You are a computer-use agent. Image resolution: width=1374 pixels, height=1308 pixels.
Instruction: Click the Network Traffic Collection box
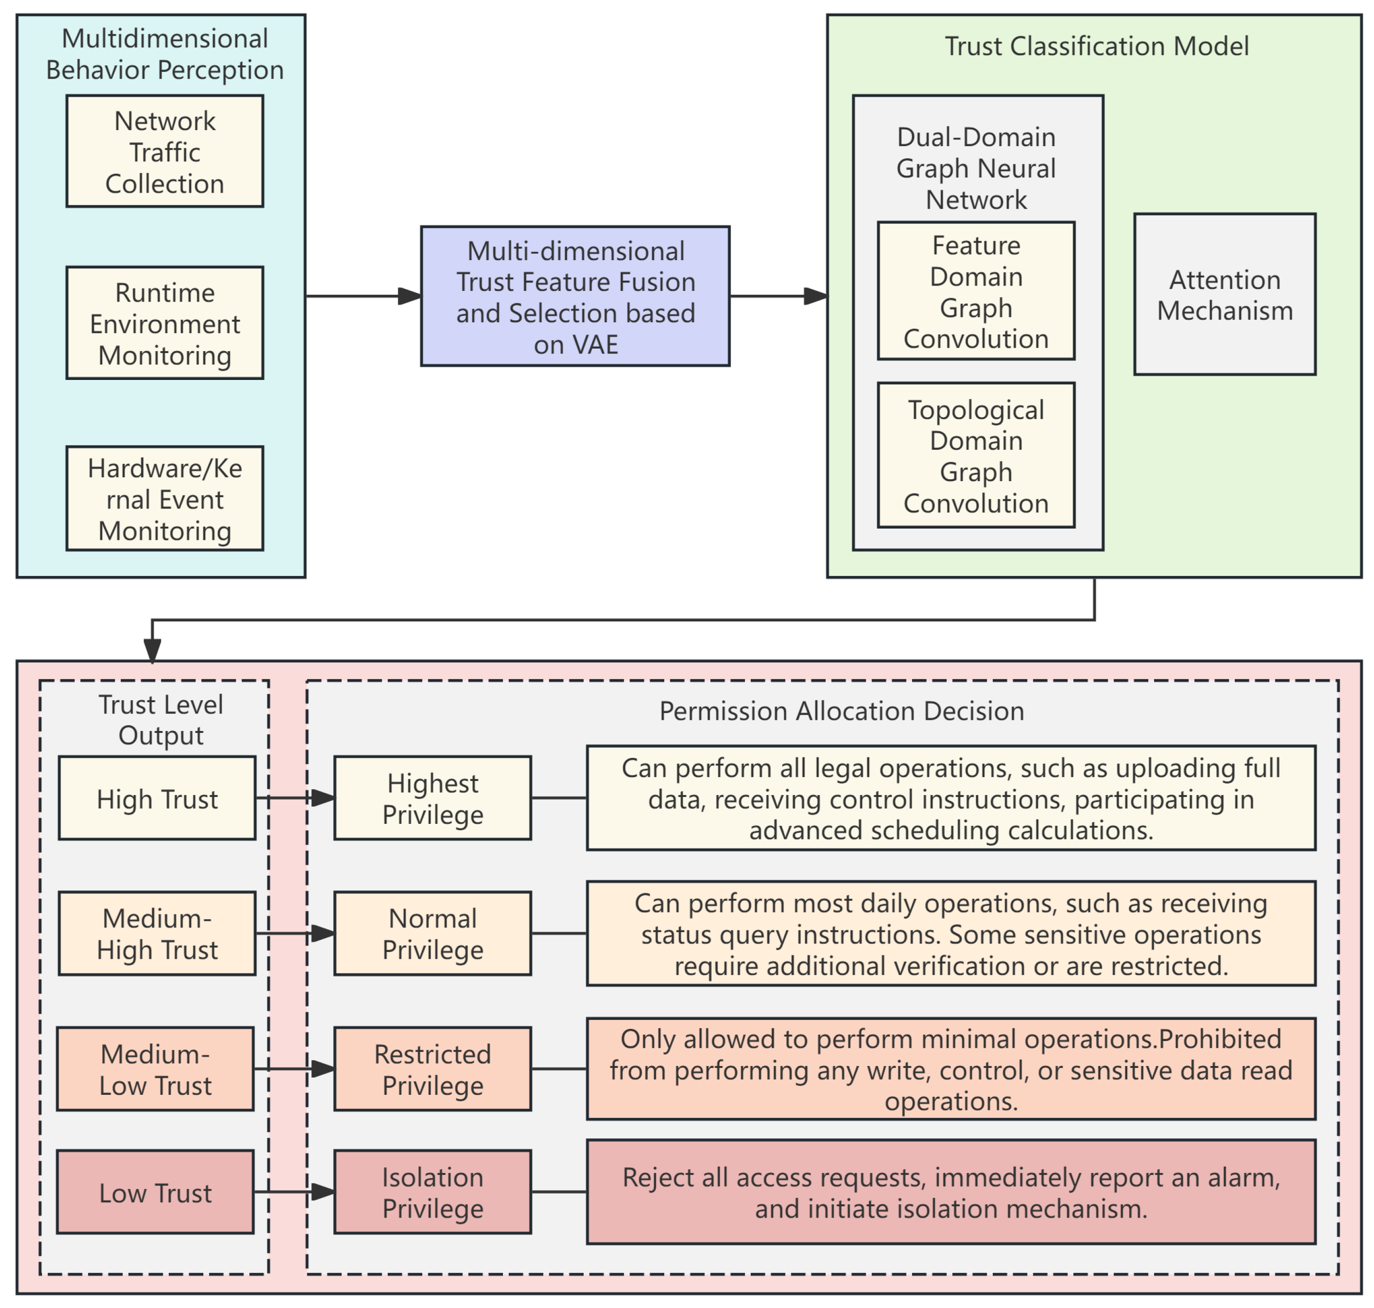coord(165,151)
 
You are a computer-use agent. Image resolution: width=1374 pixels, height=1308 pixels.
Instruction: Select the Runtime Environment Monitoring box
coord(165,323)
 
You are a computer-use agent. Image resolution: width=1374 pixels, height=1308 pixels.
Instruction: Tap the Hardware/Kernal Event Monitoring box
coord(165,499)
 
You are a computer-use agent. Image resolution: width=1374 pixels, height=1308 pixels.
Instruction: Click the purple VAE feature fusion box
coord(575,296)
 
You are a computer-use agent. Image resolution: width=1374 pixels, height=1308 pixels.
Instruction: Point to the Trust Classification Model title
coord(1096,46)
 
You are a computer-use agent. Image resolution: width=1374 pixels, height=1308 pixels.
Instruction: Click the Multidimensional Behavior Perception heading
coord(165,54)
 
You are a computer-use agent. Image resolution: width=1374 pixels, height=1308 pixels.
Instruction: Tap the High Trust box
coord(157,798)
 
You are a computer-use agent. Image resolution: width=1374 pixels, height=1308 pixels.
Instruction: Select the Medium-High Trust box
coord(157,933)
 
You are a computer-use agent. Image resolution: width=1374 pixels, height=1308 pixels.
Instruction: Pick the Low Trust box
coord(155,1192)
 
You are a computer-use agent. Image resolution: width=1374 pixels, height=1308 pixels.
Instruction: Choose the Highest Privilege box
coord(432,798)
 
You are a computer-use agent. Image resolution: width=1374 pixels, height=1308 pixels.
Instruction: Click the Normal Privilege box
coord(432,933)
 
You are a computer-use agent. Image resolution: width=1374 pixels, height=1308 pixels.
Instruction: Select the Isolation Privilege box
coord(432,1192)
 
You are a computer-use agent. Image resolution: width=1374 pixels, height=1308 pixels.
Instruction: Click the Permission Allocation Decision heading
coord(841,711)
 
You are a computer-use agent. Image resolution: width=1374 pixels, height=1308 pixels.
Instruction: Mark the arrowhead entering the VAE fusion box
coord(409,296)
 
